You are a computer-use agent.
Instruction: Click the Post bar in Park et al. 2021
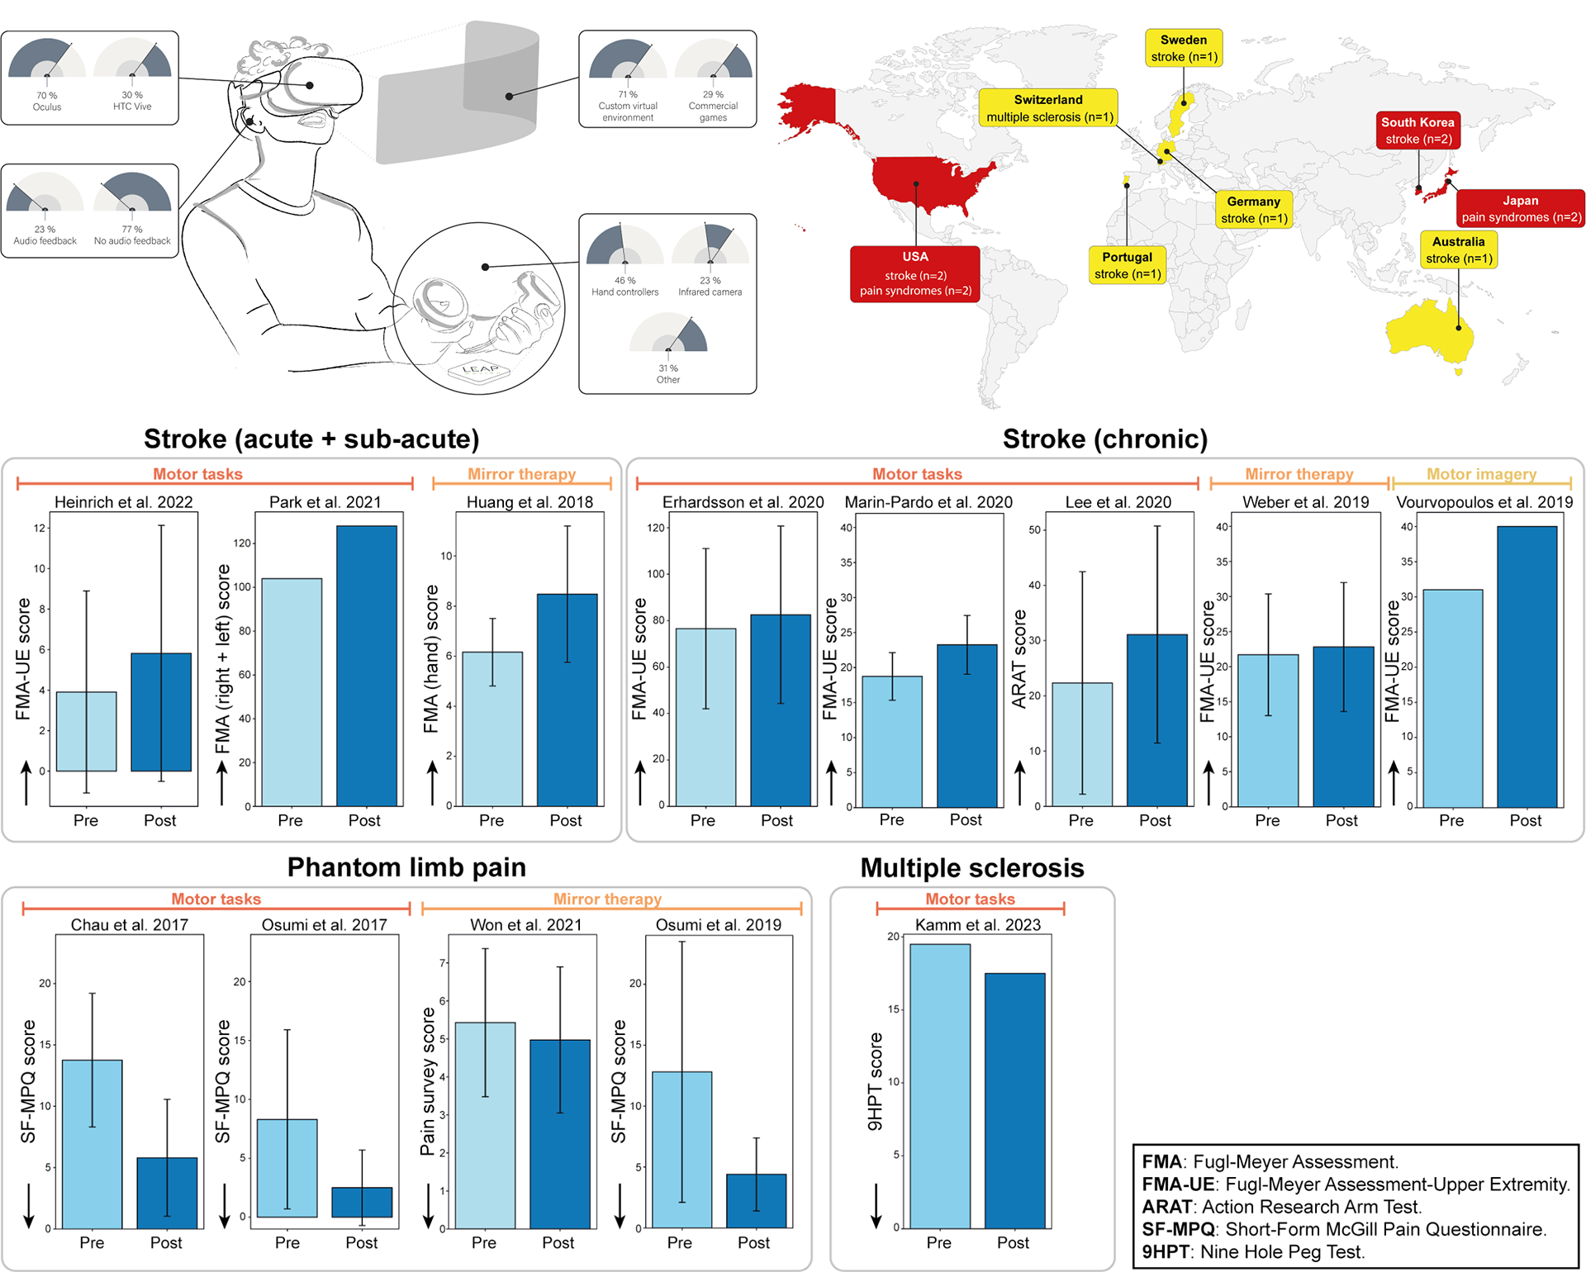(366, 666)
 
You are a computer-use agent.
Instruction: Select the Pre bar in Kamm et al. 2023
(939, 1085)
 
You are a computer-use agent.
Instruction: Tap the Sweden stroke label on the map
(1184, 48)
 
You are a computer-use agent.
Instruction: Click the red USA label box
(914, 273)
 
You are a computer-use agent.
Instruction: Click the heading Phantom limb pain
(406, 867)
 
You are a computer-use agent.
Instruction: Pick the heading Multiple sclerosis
(971, 868)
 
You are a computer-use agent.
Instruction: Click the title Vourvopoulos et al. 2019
(1484, 502)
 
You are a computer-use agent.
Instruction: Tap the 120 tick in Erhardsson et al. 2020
(656, 528)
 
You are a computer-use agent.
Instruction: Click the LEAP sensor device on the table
(480, 373)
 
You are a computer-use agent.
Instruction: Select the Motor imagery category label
(1481, 474)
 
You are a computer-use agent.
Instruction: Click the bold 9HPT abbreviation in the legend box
(1165, 1251)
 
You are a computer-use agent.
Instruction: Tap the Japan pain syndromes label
(1520, 208)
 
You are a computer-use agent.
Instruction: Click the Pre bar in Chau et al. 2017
(92, 1143)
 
